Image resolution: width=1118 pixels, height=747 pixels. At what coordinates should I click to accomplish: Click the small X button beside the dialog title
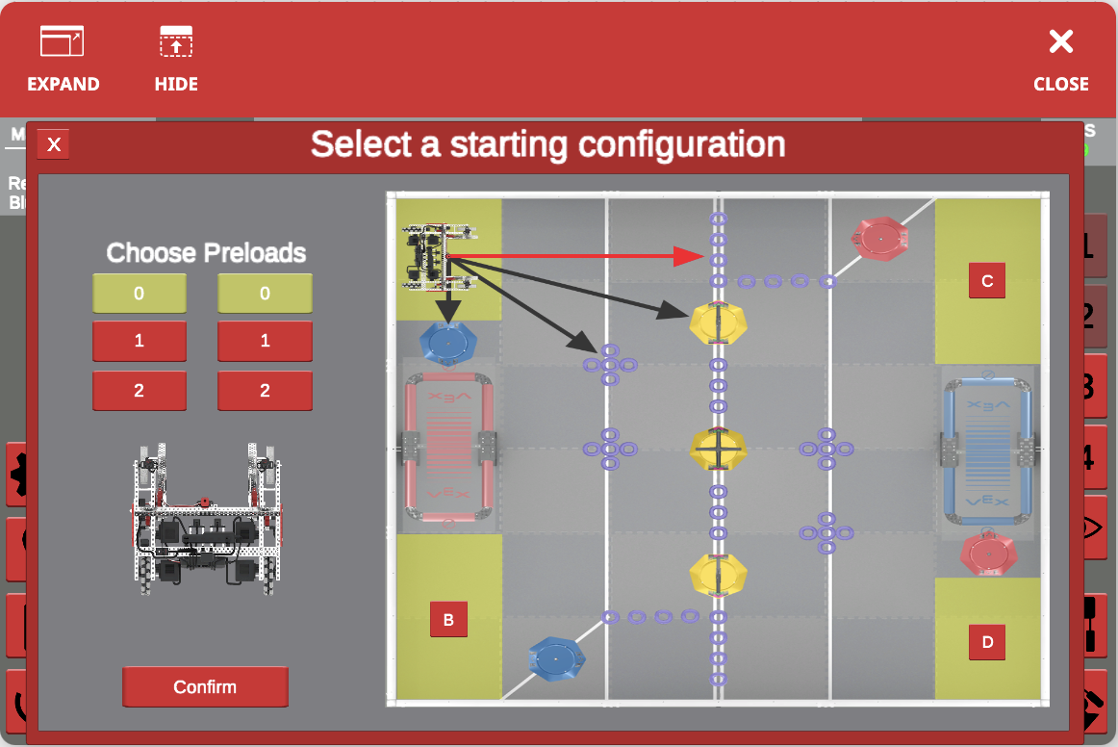54,144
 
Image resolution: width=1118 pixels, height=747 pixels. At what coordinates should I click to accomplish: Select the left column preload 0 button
140,294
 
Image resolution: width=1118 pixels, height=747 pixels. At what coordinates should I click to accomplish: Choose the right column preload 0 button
265,294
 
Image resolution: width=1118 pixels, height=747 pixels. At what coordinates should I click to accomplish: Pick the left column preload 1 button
140,342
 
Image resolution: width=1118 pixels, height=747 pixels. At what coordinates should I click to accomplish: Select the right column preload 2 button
265,391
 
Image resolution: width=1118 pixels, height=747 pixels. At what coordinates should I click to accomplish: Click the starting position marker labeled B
448,620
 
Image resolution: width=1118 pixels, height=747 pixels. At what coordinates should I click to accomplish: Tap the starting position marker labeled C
987,281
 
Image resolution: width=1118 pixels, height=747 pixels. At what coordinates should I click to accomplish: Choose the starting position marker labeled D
987,641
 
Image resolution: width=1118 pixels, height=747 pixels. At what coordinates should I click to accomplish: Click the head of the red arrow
689,256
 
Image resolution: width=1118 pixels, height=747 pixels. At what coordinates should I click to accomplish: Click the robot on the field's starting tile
441,257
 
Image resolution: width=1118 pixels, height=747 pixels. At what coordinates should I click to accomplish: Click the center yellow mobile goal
718,447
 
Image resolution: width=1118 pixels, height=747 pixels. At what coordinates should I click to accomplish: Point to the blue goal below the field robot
446,342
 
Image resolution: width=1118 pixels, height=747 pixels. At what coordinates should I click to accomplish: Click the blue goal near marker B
557,657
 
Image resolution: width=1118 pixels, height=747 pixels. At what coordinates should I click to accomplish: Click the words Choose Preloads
206,253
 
